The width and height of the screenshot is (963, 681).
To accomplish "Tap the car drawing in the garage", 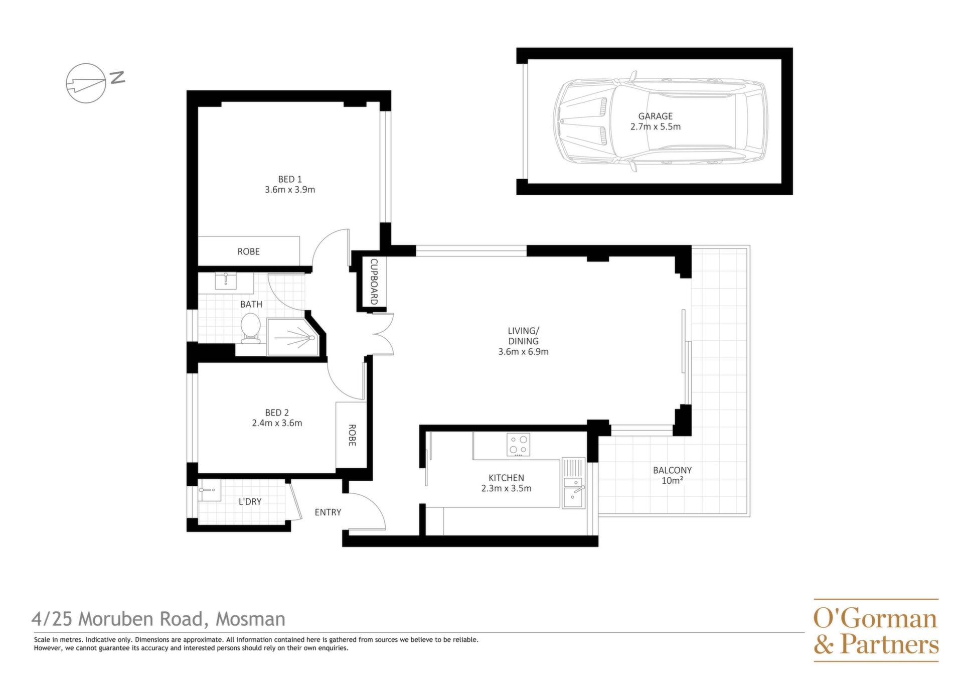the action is click(x=660, y=121).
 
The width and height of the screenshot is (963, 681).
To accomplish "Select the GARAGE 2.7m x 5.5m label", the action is click(x=656, y=121).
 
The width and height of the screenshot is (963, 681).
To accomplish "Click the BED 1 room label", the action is click(x=290, y=179).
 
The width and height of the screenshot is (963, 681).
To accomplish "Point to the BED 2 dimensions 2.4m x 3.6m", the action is click(x=277, y=423).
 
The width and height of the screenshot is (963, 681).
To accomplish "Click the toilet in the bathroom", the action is click(x=250, y=329).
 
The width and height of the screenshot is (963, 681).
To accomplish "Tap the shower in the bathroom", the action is click(x=293, y=337).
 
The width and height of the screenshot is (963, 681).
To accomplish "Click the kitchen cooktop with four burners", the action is click(x=518, y=445).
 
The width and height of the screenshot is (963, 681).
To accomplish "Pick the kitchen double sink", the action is click(x=574, y=483).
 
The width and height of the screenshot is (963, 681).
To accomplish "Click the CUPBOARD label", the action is click(x=374, y=282).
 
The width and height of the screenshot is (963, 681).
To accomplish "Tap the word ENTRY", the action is click(x=328, y=512).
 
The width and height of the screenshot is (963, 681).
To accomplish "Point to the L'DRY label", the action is click(x=250, y=501).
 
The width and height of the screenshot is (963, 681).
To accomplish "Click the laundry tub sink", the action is click(x=209, y=490).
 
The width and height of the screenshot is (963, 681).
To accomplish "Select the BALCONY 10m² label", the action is click(x=672, y=475).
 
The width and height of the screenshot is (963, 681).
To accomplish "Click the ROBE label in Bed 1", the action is click(x=249, y=251).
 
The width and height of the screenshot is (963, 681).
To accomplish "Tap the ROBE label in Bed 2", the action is click(x=352, y=436).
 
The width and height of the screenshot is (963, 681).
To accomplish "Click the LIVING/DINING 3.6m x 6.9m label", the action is click(x=523, y=341).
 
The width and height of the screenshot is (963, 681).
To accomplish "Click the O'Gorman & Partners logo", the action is click(x=876, y=630).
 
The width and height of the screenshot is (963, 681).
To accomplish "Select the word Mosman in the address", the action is click(x=250, y=619).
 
